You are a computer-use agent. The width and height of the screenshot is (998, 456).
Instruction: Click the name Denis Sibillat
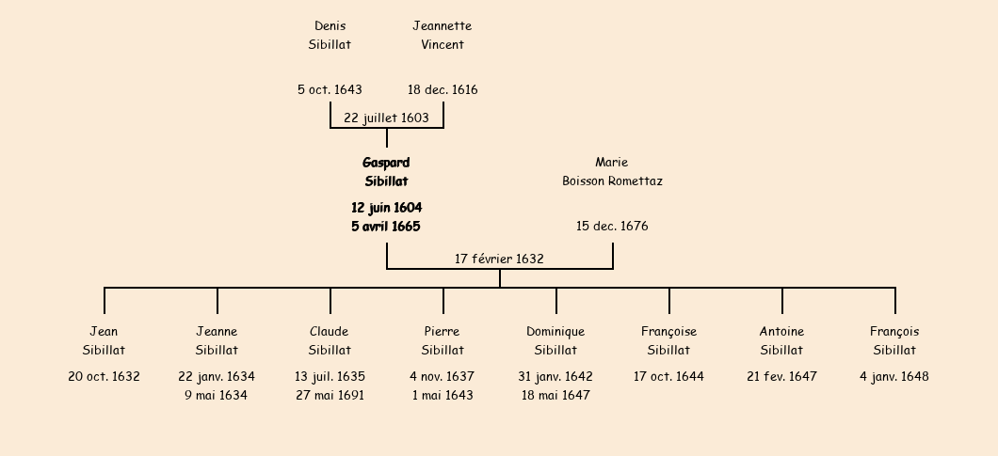[330, 35]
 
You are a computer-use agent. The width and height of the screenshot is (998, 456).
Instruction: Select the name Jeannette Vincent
[442, 35]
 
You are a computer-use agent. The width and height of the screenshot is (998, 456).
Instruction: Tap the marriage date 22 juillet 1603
[386, 118]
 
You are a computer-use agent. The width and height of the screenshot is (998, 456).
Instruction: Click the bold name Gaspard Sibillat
[386, 171]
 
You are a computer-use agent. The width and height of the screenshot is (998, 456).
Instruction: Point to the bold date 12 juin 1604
[386, 207]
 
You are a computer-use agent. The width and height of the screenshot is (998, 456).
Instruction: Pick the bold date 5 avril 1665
[386, 226]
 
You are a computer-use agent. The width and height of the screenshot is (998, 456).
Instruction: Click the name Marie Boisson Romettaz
[612, 171]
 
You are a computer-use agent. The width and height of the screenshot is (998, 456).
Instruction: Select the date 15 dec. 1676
[612, 226]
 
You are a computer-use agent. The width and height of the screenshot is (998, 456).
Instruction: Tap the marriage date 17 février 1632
[499, 259]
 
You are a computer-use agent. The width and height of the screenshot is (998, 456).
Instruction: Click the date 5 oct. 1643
[330, 90]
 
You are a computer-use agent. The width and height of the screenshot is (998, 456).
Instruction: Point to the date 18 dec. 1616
[442, 90]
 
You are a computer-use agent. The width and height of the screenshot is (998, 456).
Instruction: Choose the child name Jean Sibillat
[104, 340]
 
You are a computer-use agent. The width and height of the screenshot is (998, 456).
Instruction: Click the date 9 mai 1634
[217, 395]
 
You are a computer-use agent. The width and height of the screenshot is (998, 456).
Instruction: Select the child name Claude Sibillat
[330, 340]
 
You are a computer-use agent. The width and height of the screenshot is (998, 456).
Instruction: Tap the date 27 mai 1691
[330, 395]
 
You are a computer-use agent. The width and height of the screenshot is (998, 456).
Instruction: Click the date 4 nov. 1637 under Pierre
[442, 376]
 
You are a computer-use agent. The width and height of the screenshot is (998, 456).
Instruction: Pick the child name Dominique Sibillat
[555, 340]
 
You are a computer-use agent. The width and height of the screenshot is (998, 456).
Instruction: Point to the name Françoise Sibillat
[668, 340]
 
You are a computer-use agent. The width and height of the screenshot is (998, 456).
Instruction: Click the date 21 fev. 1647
[781, 376]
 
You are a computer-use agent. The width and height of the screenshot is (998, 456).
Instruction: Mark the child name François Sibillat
[894, 340]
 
